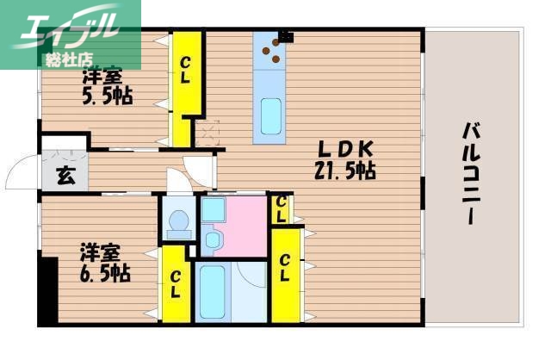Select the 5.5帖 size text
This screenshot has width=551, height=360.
click(x=107, y=96)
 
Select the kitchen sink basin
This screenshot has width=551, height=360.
click(x=271, y=115)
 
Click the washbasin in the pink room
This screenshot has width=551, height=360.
click(x=214, y=239)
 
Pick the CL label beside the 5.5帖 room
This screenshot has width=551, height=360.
click(x=186, y=68)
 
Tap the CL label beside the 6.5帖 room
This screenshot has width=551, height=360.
click(x=175, y=284)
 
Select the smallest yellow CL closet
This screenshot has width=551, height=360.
click(x=281, y=208)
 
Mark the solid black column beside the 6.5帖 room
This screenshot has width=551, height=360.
click(x=46, y=293)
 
